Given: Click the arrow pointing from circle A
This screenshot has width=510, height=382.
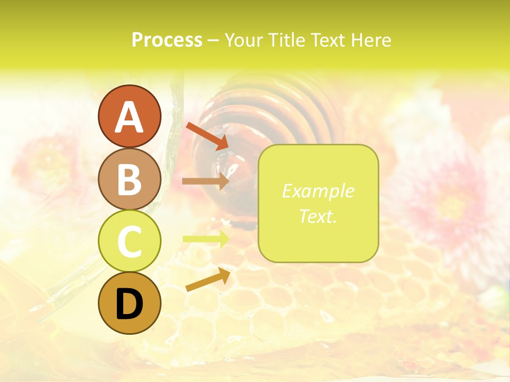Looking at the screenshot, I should click(x=207, y=136).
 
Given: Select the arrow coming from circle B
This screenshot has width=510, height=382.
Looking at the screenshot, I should click(x=206, y=181).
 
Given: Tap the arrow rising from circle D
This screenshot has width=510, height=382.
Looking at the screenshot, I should click(x=208, y=280).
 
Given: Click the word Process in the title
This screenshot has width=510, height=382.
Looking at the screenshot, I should click(x=167, y=40).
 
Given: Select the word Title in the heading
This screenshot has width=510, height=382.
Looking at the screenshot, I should click(x=287, y=40).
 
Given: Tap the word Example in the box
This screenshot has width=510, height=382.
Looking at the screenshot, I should click(x=318, y=191).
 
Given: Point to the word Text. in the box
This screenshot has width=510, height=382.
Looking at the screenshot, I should click(x=318, y=216).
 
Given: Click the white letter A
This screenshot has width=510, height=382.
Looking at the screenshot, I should click(x=129, y=117).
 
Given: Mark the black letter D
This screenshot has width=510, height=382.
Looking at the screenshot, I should click(x=129, y=305).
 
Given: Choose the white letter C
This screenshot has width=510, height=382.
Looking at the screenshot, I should click(x=129, y=241).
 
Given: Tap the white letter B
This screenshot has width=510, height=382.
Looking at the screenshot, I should click(x=129, y=180).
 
